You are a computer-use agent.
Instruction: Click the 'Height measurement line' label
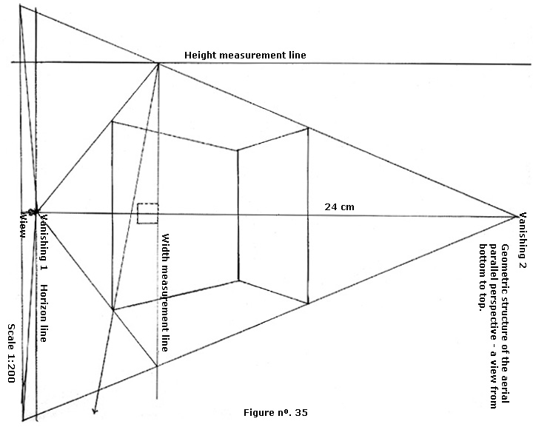244,56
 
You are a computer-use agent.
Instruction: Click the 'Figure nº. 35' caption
275,412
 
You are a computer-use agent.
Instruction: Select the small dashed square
147,213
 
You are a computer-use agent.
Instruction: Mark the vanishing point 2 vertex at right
516,216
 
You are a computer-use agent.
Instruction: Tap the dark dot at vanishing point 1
33,212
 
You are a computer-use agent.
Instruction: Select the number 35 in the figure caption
301,412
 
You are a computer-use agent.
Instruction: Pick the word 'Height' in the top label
199,56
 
